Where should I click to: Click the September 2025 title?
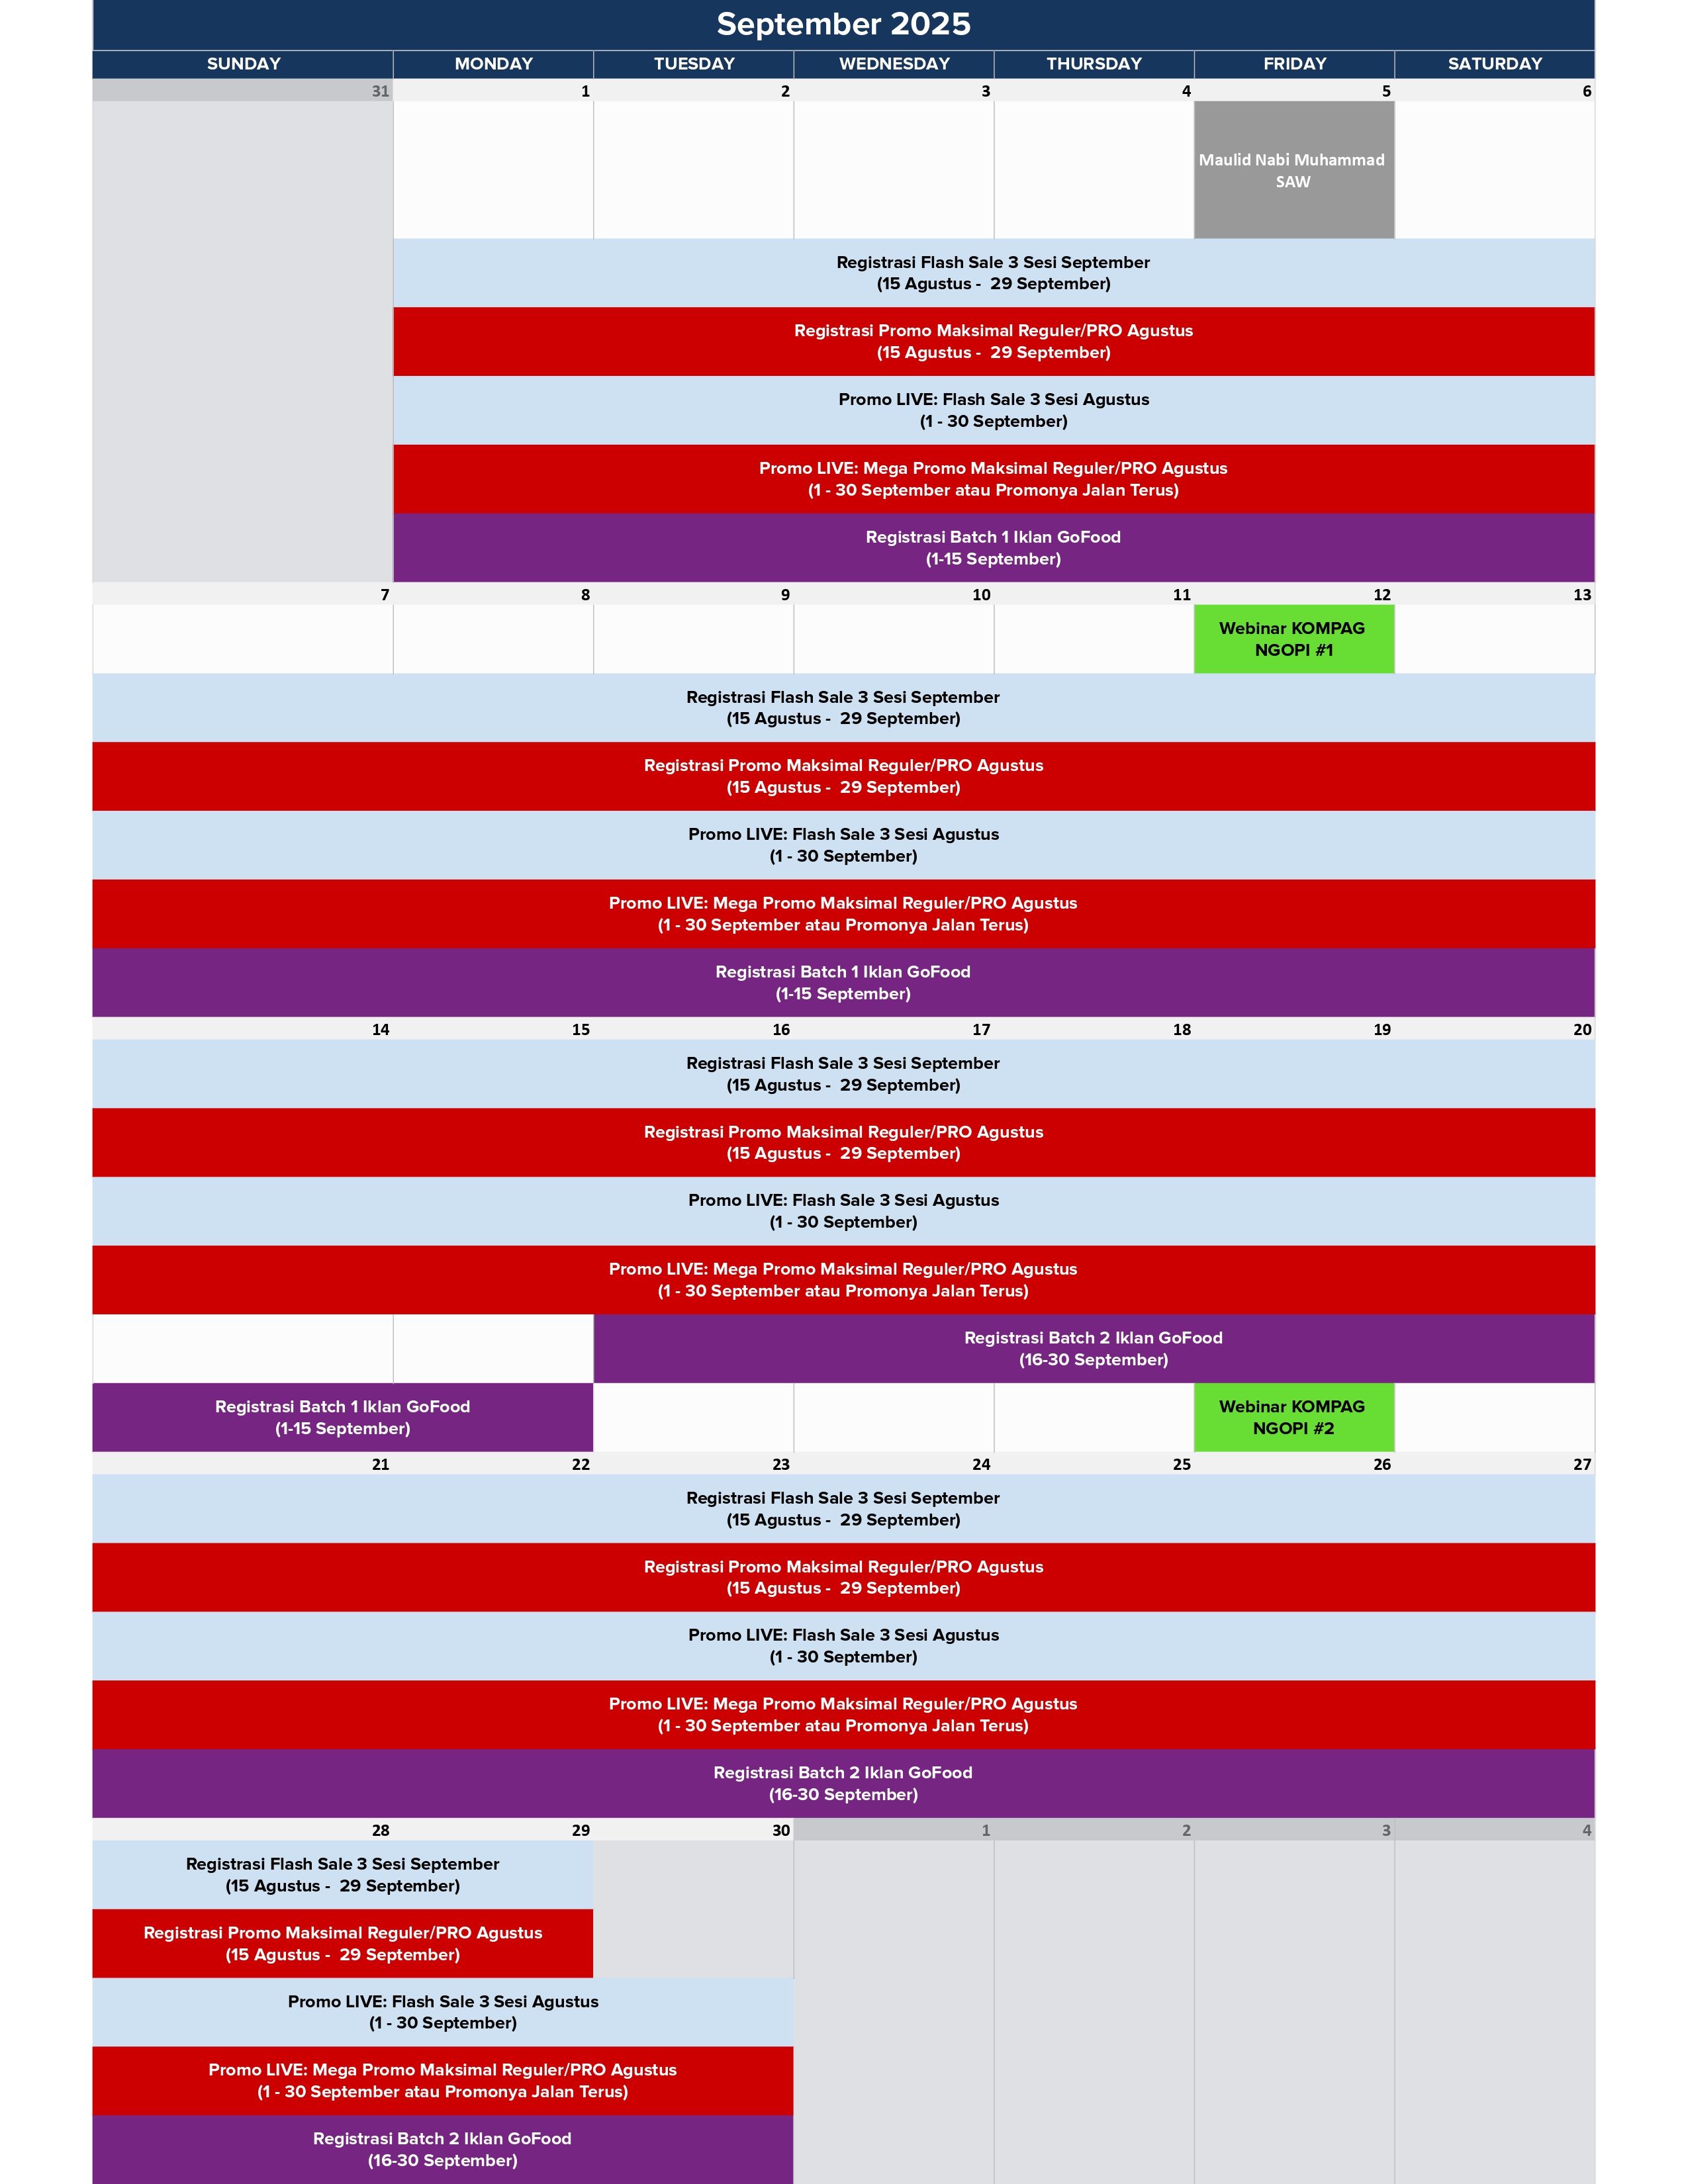(843, 24)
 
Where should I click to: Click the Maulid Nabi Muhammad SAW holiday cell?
(1293, 170)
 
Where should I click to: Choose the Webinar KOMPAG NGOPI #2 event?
(1293, 1417)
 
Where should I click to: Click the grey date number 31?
(380, 91)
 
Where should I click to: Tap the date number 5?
(1386, 91)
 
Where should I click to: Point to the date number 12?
(1382, 595)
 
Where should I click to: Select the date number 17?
(981, 1030)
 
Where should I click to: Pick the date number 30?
(781, 1830)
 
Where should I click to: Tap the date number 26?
(1382, 1464)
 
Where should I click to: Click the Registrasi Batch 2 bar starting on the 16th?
(1093, 1349)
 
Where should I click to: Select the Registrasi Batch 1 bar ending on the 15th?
(342, 1417)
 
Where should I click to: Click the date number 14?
(380, 1030)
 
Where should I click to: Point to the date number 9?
(785, 595)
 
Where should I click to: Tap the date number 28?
(380, 1830)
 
